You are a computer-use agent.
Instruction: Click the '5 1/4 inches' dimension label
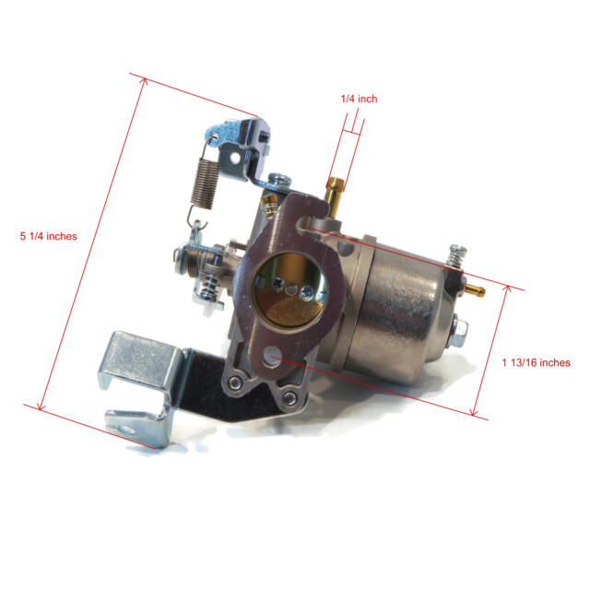tap(48, 236)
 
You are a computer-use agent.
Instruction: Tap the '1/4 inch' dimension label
tap(359, 99)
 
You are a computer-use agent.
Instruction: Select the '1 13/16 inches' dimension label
tap(536, 362)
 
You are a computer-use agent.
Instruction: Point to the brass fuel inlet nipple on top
tap(334, 195)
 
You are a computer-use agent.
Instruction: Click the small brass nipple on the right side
tap(475, 290)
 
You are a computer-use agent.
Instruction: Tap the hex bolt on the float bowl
tap(458, 333)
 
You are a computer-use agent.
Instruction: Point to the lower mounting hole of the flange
tap(272, 357)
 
